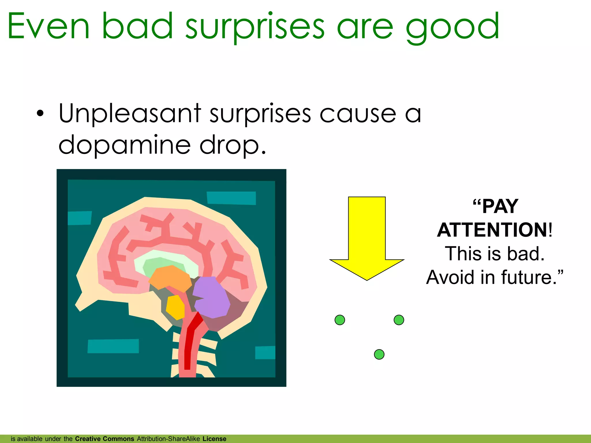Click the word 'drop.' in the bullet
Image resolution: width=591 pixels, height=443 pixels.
click(233, 145)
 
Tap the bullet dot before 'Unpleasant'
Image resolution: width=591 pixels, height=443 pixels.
click(40, 114)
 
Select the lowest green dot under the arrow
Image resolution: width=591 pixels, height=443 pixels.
click(379, 354)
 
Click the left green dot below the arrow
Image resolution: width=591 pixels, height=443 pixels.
click(340, 320)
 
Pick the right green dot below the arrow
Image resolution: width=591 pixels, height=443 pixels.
click(399, 320)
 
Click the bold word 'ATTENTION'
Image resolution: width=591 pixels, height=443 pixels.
click(492, 230)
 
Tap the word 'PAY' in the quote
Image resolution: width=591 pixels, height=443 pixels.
click(500, 207)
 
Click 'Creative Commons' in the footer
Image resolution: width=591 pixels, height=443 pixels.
click(104, 439)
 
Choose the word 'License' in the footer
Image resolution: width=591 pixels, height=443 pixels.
click(214, 439)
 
